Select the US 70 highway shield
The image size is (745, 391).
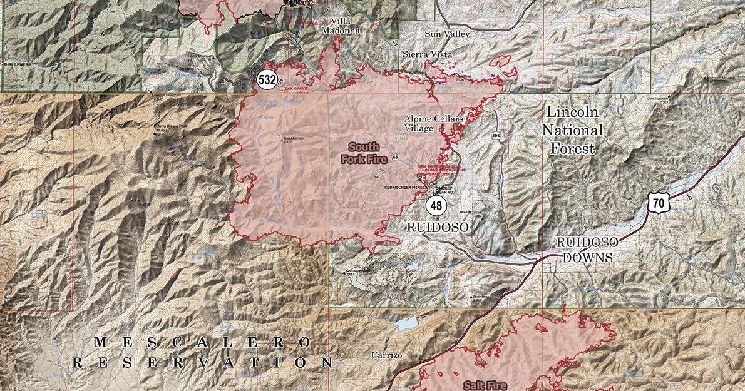coord(657,202)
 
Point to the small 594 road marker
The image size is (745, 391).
coord(496,136)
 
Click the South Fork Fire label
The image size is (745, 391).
coord(364,153)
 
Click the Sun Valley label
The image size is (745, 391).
coord(446,34)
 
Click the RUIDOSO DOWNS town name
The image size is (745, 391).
coord(587,250)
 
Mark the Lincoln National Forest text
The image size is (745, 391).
coord(572,130)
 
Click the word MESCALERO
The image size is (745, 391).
coord(202,342)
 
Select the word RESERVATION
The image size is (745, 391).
coord(202,362)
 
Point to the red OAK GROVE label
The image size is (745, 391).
coord(297,89)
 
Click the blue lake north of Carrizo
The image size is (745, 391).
coord(405,323)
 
